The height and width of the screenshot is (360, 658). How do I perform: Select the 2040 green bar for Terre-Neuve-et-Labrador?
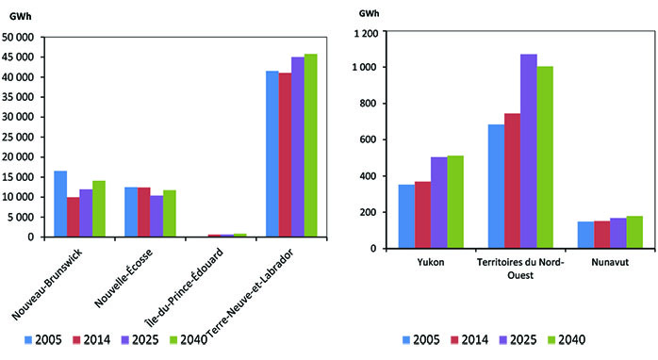click(x=310, y=145)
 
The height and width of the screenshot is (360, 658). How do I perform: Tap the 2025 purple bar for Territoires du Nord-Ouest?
click(x=528, y=151)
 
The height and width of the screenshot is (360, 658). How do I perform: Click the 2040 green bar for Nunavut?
click(x=633, y=232)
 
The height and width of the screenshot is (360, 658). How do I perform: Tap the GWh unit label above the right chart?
click(x=371, y=12)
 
